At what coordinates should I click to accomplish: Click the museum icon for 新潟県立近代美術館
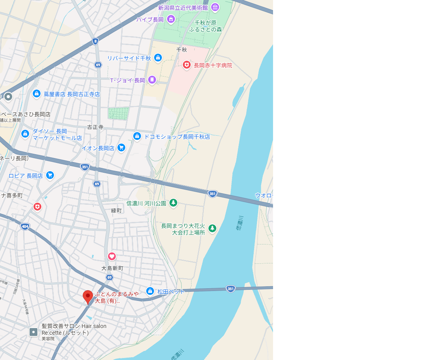tap(215, 7)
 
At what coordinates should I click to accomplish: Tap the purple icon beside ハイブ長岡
tap(171, 19)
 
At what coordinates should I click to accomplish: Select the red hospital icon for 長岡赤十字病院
tap(187, 65)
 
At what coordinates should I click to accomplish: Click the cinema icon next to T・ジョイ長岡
tap(152, 80)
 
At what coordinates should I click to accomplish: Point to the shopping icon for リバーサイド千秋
tap(158, 58)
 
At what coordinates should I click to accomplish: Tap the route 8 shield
tap(95, 41)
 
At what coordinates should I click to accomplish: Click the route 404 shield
tap(25, 227)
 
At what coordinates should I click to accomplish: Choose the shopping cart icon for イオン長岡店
tap(121, 147)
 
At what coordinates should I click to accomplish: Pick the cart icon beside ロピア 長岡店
tap(50, 175)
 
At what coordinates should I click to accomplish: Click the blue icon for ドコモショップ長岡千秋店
tap(137, 136)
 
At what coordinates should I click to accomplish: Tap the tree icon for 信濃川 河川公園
tap(173, 203)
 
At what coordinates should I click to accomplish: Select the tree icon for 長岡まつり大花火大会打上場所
tap(212, 228)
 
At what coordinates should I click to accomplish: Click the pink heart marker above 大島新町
tap(112, 256)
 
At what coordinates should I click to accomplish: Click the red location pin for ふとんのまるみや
tap(87, 297)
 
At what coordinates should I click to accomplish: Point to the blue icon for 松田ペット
tap(150, 291)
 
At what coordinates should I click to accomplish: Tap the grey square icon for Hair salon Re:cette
tap(34, 332)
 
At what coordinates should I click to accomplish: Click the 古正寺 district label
tap(95, 127)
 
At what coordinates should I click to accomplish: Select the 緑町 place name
tap(117, 211)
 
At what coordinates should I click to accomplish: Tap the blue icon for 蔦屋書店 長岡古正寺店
tap(37, 93)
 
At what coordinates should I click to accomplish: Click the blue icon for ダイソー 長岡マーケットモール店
tap(25, 134)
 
